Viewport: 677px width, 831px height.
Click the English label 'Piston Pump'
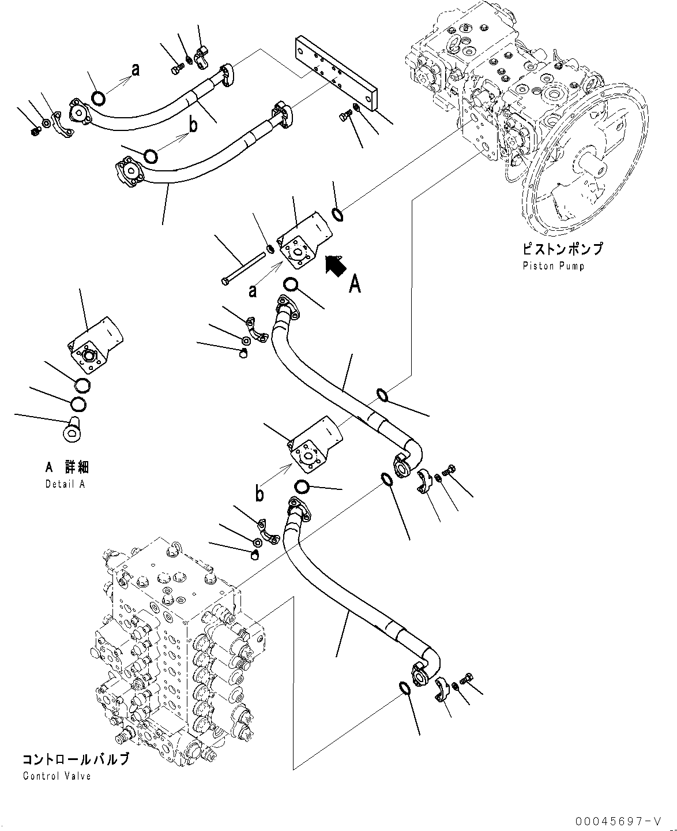click(553, 266)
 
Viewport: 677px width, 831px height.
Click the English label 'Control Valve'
click(57, 776)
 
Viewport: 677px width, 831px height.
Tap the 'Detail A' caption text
click(65, 484)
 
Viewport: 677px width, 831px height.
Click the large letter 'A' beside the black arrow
click(355, 284)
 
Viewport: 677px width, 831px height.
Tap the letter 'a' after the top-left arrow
click(135, 70)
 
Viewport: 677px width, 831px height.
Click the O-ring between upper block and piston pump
click(338, 215)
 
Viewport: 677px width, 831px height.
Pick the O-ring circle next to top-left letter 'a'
click(98, 99)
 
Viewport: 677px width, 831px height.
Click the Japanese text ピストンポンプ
click(562, 249)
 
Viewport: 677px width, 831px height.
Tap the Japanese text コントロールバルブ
click(76, 759)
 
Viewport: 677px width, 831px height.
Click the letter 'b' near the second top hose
click(194, 125)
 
